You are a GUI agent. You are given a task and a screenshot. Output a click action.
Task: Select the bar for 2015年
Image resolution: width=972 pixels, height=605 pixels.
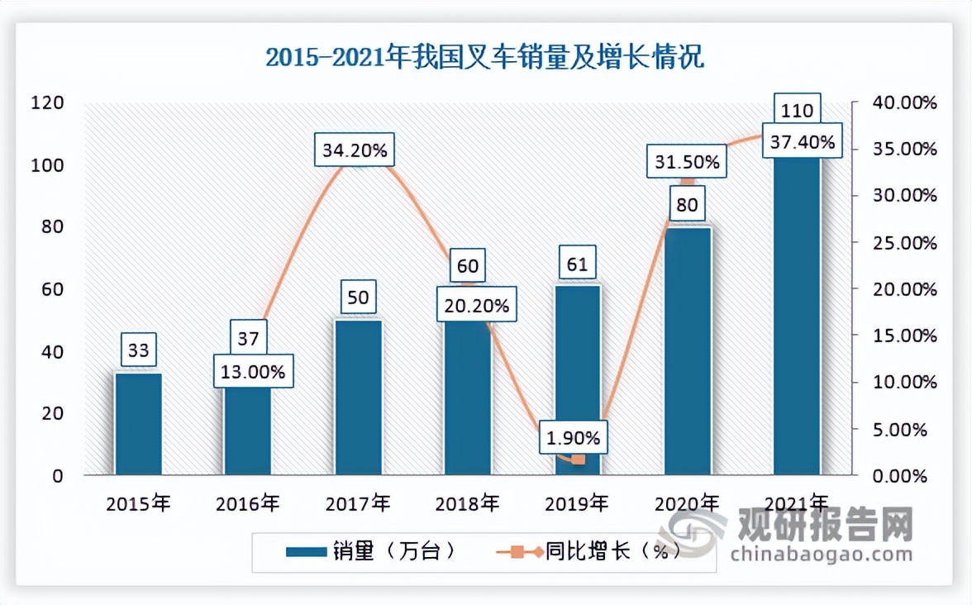coord(138,423)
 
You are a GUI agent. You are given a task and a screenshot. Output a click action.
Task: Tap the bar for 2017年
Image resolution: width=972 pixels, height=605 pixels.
coord(358,397)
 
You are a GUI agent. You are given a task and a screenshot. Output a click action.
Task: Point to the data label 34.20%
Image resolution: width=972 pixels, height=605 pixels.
coord(356,151)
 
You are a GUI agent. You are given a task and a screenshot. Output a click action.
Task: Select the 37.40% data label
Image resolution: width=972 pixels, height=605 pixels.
coord(802,142)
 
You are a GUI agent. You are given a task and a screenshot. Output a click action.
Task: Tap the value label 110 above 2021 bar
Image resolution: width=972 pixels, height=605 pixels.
coord(797,110)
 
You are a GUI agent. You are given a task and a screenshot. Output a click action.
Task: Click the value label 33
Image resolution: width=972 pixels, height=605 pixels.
coord(138,350)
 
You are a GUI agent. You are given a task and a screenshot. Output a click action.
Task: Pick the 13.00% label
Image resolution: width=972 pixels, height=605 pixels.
coord(252,372)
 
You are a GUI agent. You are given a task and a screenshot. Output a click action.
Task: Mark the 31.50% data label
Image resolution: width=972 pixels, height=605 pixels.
coord(687,161)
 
